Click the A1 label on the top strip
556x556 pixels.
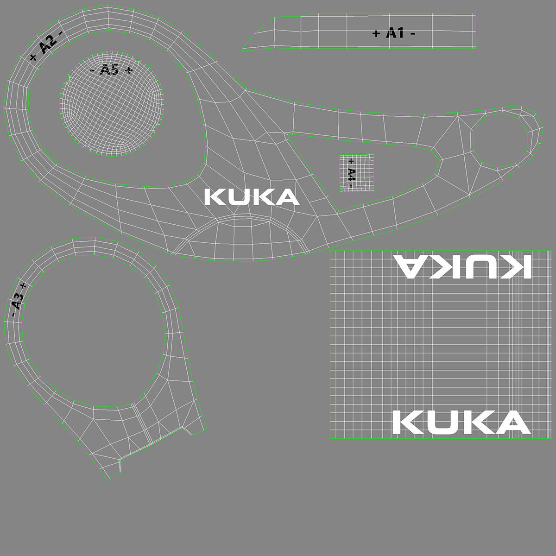pyautogui.click(x=394, y=33)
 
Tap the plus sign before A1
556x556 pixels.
pyautogui.click(x=376, y=33)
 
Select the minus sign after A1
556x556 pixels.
pyautogui.click(x=412, y=33)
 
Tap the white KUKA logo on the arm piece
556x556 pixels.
pyautogui.click(x=252, y=197)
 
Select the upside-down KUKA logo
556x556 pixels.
pyautogui.click(x=461, y=266)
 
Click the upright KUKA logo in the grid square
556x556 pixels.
pyautogui.click(x=461, y=422)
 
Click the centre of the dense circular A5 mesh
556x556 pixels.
pyautogui.click(x=112, y=103)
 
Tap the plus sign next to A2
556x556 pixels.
pyautogui.click(x=33, y=57)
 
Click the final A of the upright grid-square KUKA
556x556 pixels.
pyautogui.click(x=514, y=422)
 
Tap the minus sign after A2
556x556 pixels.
pyautogui.click(x=60, y=33)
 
